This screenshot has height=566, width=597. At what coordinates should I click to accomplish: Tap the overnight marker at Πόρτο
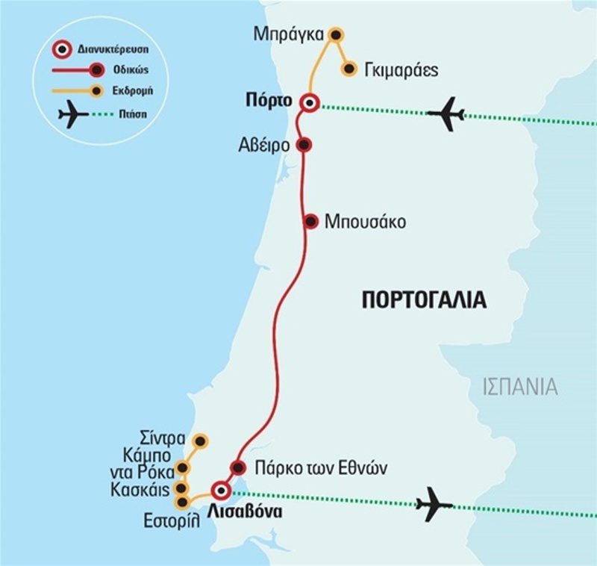308,103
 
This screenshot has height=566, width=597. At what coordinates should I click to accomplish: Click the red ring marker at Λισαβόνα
220,491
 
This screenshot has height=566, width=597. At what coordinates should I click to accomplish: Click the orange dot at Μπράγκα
336,35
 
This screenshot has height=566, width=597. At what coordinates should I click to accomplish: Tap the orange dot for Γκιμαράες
348,69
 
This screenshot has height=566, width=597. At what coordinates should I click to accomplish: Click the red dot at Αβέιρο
303,144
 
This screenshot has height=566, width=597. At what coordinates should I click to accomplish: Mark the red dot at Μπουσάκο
311,221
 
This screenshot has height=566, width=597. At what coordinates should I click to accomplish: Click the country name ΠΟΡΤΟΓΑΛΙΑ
424,301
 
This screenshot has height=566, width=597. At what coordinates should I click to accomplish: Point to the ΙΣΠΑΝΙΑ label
520,387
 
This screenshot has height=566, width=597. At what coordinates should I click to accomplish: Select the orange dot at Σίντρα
199,441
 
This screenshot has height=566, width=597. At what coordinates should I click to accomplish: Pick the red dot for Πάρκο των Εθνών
237,468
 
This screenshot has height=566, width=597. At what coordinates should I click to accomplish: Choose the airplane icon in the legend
72,116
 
